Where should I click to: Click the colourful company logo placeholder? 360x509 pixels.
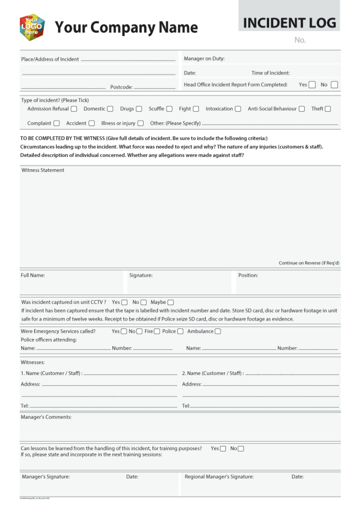(x=32, y=27)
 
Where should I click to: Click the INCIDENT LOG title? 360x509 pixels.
(x=289, y=22)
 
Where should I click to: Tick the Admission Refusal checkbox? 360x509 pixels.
(x=74, y=109)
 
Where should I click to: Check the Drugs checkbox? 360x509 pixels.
(x=139, y=109)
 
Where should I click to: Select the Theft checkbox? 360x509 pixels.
(x=328, y=109)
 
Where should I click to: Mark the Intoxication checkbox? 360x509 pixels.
(x=238, y=109)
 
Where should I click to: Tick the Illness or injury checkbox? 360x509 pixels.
(x=141, y=123)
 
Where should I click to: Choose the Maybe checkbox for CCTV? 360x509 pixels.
(x=171, y=302)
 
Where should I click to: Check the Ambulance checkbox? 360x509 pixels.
(x=217, y=331)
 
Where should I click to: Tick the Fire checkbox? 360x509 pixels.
(x=157, y=331)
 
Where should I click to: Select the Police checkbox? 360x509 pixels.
(x=180, y=331)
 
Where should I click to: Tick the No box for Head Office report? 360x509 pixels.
(x=334, y=85)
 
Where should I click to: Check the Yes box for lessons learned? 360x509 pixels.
(x=223, y=449)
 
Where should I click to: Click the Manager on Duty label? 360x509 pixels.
(x=204, y=59)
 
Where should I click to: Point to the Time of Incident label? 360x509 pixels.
(x=270, y=73)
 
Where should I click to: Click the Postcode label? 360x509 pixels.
(x=121, y=87)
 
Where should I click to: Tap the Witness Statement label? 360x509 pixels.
(x=43, y=170)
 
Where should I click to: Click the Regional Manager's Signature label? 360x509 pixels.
(x=219, y=477)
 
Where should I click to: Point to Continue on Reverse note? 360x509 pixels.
(x=309, y=263)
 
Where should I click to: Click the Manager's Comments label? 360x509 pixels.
(x=46, y=417)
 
